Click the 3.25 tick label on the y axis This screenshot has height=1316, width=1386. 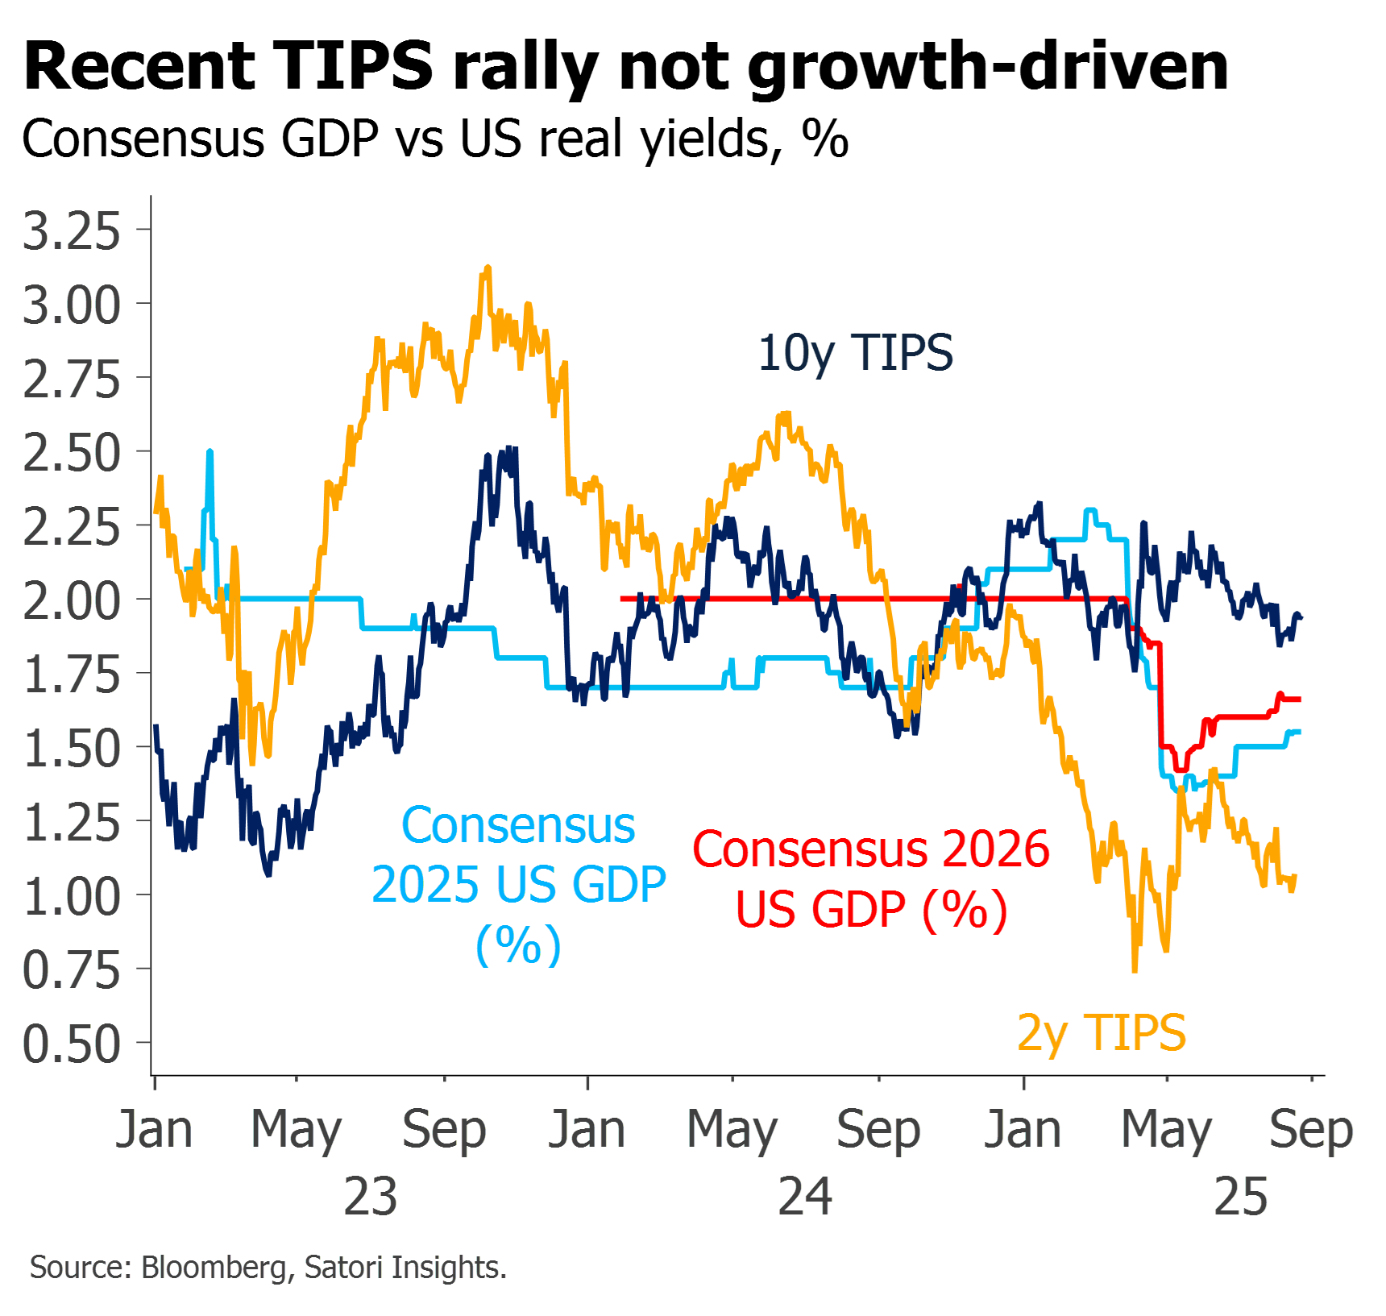pos(71,231)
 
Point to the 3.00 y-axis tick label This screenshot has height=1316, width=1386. pos(71,305)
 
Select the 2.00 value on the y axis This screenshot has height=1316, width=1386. pos(71,601)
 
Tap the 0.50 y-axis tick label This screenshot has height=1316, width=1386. pos(71,1044)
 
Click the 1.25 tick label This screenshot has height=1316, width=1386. pos(71,823)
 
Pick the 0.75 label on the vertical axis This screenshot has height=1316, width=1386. pos(71,970)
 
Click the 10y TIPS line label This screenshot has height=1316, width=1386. pos(855,354)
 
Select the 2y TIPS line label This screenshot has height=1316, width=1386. pos(1102,1032)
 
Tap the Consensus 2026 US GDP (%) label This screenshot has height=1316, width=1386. pos(871,879)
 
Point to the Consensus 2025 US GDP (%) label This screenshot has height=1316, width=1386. pos(518,884)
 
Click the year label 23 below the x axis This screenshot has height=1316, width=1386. pos(370,1197)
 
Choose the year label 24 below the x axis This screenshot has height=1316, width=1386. pos(805,1197)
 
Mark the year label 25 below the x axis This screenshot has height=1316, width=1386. pos(1240,1197)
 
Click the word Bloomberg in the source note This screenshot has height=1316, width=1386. pos(214,1268)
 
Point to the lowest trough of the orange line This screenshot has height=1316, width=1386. pos(1135,969)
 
